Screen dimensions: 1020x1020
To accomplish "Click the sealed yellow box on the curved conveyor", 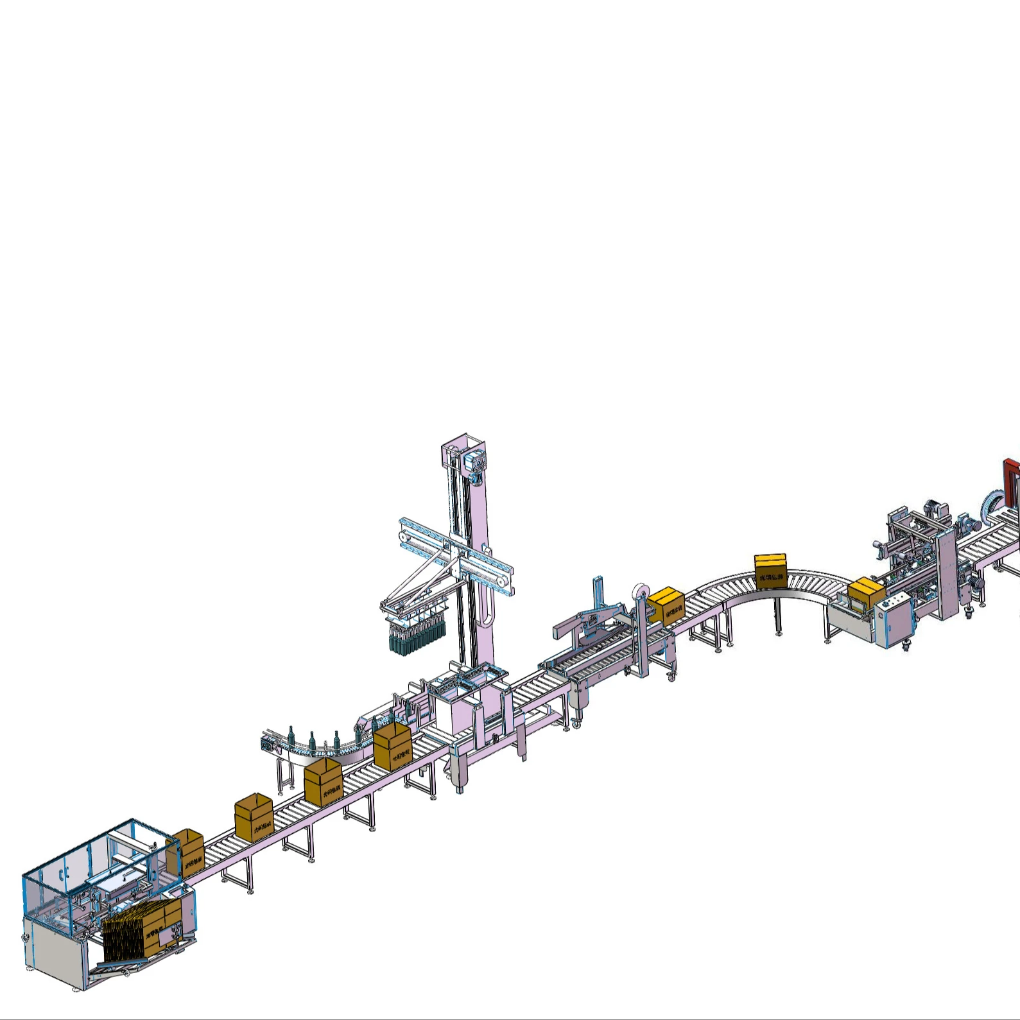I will (770, 569).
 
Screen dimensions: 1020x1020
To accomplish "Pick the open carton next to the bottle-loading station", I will (392, 745).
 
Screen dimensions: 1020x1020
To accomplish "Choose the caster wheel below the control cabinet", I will (906, 647).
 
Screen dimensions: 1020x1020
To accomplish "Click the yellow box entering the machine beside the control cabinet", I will (866, 592).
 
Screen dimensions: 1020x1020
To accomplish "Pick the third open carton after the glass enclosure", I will (324, 780).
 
